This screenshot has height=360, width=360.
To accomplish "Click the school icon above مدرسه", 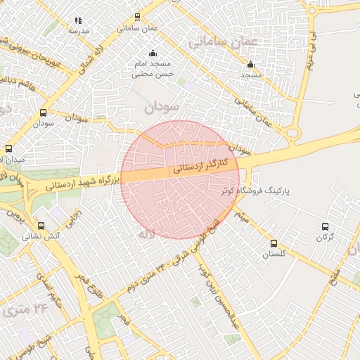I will pos(78,21).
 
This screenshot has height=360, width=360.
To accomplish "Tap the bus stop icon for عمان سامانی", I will pos(137,18).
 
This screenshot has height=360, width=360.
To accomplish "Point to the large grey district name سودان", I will pos(162,108).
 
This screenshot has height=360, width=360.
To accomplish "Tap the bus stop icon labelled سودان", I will pos(44,112).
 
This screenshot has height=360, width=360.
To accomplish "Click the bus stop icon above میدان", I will pos(8,148).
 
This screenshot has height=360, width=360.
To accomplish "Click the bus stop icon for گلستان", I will pos(274,243).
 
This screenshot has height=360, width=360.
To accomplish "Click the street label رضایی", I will pos(74,219).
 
